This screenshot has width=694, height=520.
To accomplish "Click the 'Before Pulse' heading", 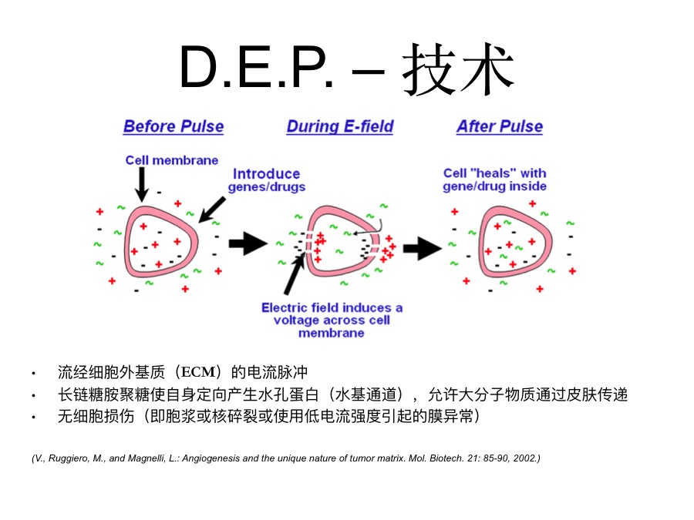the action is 173,126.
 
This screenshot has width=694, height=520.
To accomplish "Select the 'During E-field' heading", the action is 340,126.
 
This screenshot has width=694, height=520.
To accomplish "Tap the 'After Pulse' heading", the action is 500,126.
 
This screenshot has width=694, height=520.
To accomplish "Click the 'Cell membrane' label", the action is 172,160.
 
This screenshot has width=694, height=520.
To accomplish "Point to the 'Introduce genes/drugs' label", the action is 267,180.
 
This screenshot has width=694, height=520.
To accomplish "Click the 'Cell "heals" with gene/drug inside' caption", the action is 495,179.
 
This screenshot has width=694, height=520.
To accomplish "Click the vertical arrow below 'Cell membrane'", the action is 142,185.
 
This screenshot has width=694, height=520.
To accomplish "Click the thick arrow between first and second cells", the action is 248,243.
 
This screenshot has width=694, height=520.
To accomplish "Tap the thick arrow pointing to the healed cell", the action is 423,248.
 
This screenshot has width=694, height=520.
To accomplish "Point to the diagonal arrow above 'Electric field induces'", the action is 294,274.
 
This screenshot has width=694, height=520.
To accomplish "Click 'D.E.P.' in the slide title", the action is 256,68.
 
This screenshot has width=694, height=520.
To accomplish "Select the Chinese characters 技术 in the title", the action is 458,69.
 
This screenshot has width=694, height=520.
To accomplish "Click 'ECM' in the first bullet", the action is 198,372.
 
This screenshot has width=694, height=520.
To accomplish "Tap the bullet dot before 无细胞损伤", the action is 34,417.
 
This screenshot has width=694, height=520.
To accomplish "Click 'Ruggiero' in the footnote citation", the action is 68,458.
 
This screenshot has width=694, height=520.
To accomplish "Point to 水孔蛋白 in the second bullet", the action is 288,394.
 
